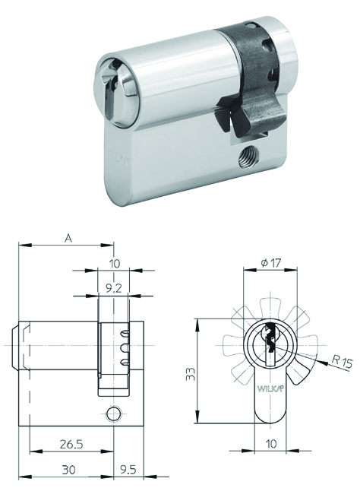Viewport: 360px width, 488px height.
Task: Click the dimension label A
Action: (68, 239)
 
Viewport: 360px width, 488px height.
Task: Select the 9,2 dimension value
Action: (113, 289)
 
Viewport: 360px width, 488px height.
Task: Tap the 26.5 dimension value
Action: (71, 444)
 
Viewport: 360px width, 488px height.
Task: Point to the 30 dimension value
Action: (68, 469)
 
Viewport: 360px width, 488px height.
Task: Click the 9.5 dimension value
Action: (128, 469)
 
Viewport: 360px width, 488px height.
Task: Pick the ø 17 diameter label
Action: (271, 263)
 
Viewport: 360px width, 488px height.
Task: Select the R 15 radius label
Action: (342, 363)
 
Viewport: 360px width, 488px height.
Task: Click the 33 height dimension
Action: (191, 374)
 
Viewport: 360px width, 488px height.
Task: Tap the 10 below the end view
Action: (271, 443)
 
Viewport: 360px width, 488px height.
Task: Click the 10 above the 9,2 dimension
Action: (115, 264)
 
